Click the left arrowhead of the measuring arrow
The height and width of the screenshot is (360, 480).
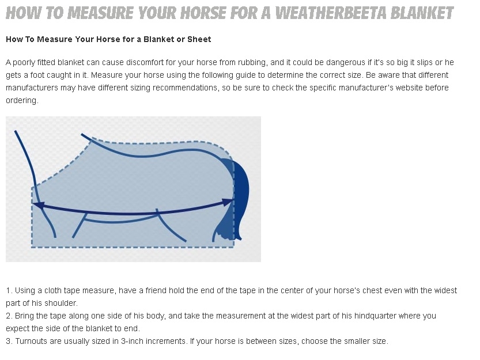(38, 205)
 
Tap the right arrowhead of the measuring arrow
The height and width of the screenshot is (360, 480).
(228, 202)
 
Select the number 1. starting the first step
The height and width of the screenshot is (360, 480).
(9, 290)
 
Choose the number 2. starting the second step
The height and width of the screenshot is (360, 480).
(9, 316)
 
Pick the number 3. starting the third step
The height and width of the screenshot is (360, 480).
(9, 342)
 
